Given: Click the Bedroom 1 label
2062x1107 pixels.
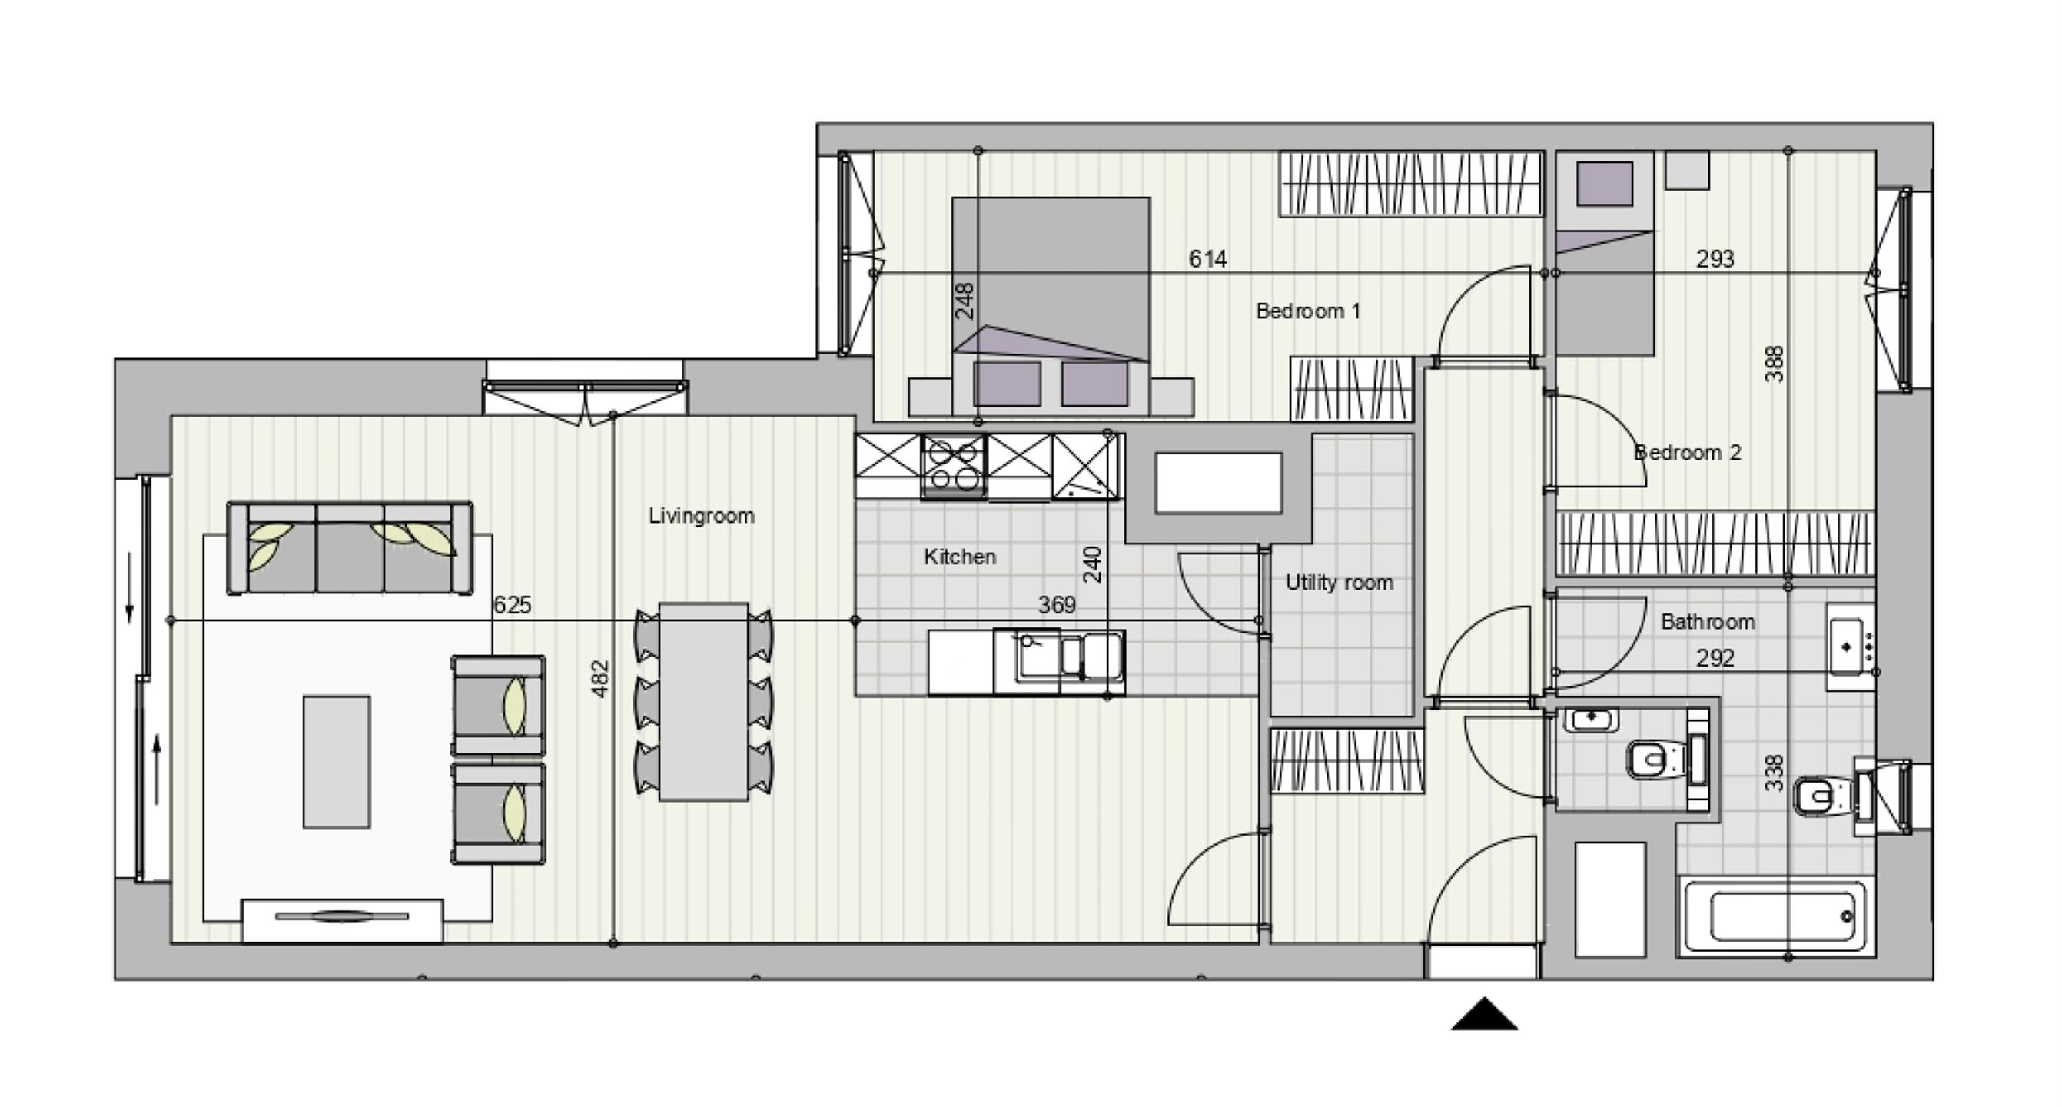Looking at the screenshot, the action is tap(1308, 311).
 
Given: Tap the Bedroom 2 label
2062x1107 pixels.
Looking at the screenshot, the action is tap(1688, 452).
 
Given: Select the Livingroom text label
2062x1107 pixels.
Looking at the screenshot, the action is tap(701, 516).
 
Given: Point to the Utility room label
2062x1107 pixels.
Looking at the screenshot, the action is tap(1339, 583).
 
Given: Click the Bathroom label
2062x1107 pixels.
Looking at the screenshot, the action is tap(1708, 621).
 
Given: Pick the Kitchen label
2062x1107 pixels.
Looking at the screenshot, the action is tap(960, 557).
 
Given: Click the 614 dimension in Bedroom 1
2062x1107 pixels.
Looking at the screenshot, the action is tap(1207, 258).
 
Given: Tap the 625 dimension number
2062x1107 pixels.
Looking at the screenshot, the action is tap(513, 604).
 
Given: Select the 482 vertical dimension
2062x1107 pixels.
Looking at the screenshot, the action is tap(599, 679).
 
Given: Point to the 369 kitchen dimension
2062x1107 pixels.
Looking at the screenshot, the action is tap(1057, 604).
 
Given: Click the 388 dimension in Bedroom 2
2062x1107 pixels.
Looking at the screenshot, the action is tap(1775, 364).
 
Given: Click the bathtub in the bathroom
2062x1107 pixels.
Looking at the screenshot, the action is tap(1775, 917).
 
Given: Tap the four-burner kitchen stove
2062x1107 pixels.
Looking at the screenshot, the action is tap(953, 467).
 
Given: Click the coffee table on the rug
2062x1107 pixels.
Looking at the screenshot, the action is tap(336, 761).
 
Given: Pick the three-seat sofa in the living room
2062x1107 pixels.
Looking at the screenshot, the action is tap(350, 548).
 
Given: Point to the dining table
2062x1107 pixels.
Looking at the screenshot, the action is tap(704, 701).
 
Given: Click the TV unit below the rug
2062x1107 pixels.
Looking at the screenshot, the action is tap(342, 920).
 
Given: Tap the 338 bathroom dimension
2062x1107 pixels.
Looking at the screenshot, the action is tap(1775, 773).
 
